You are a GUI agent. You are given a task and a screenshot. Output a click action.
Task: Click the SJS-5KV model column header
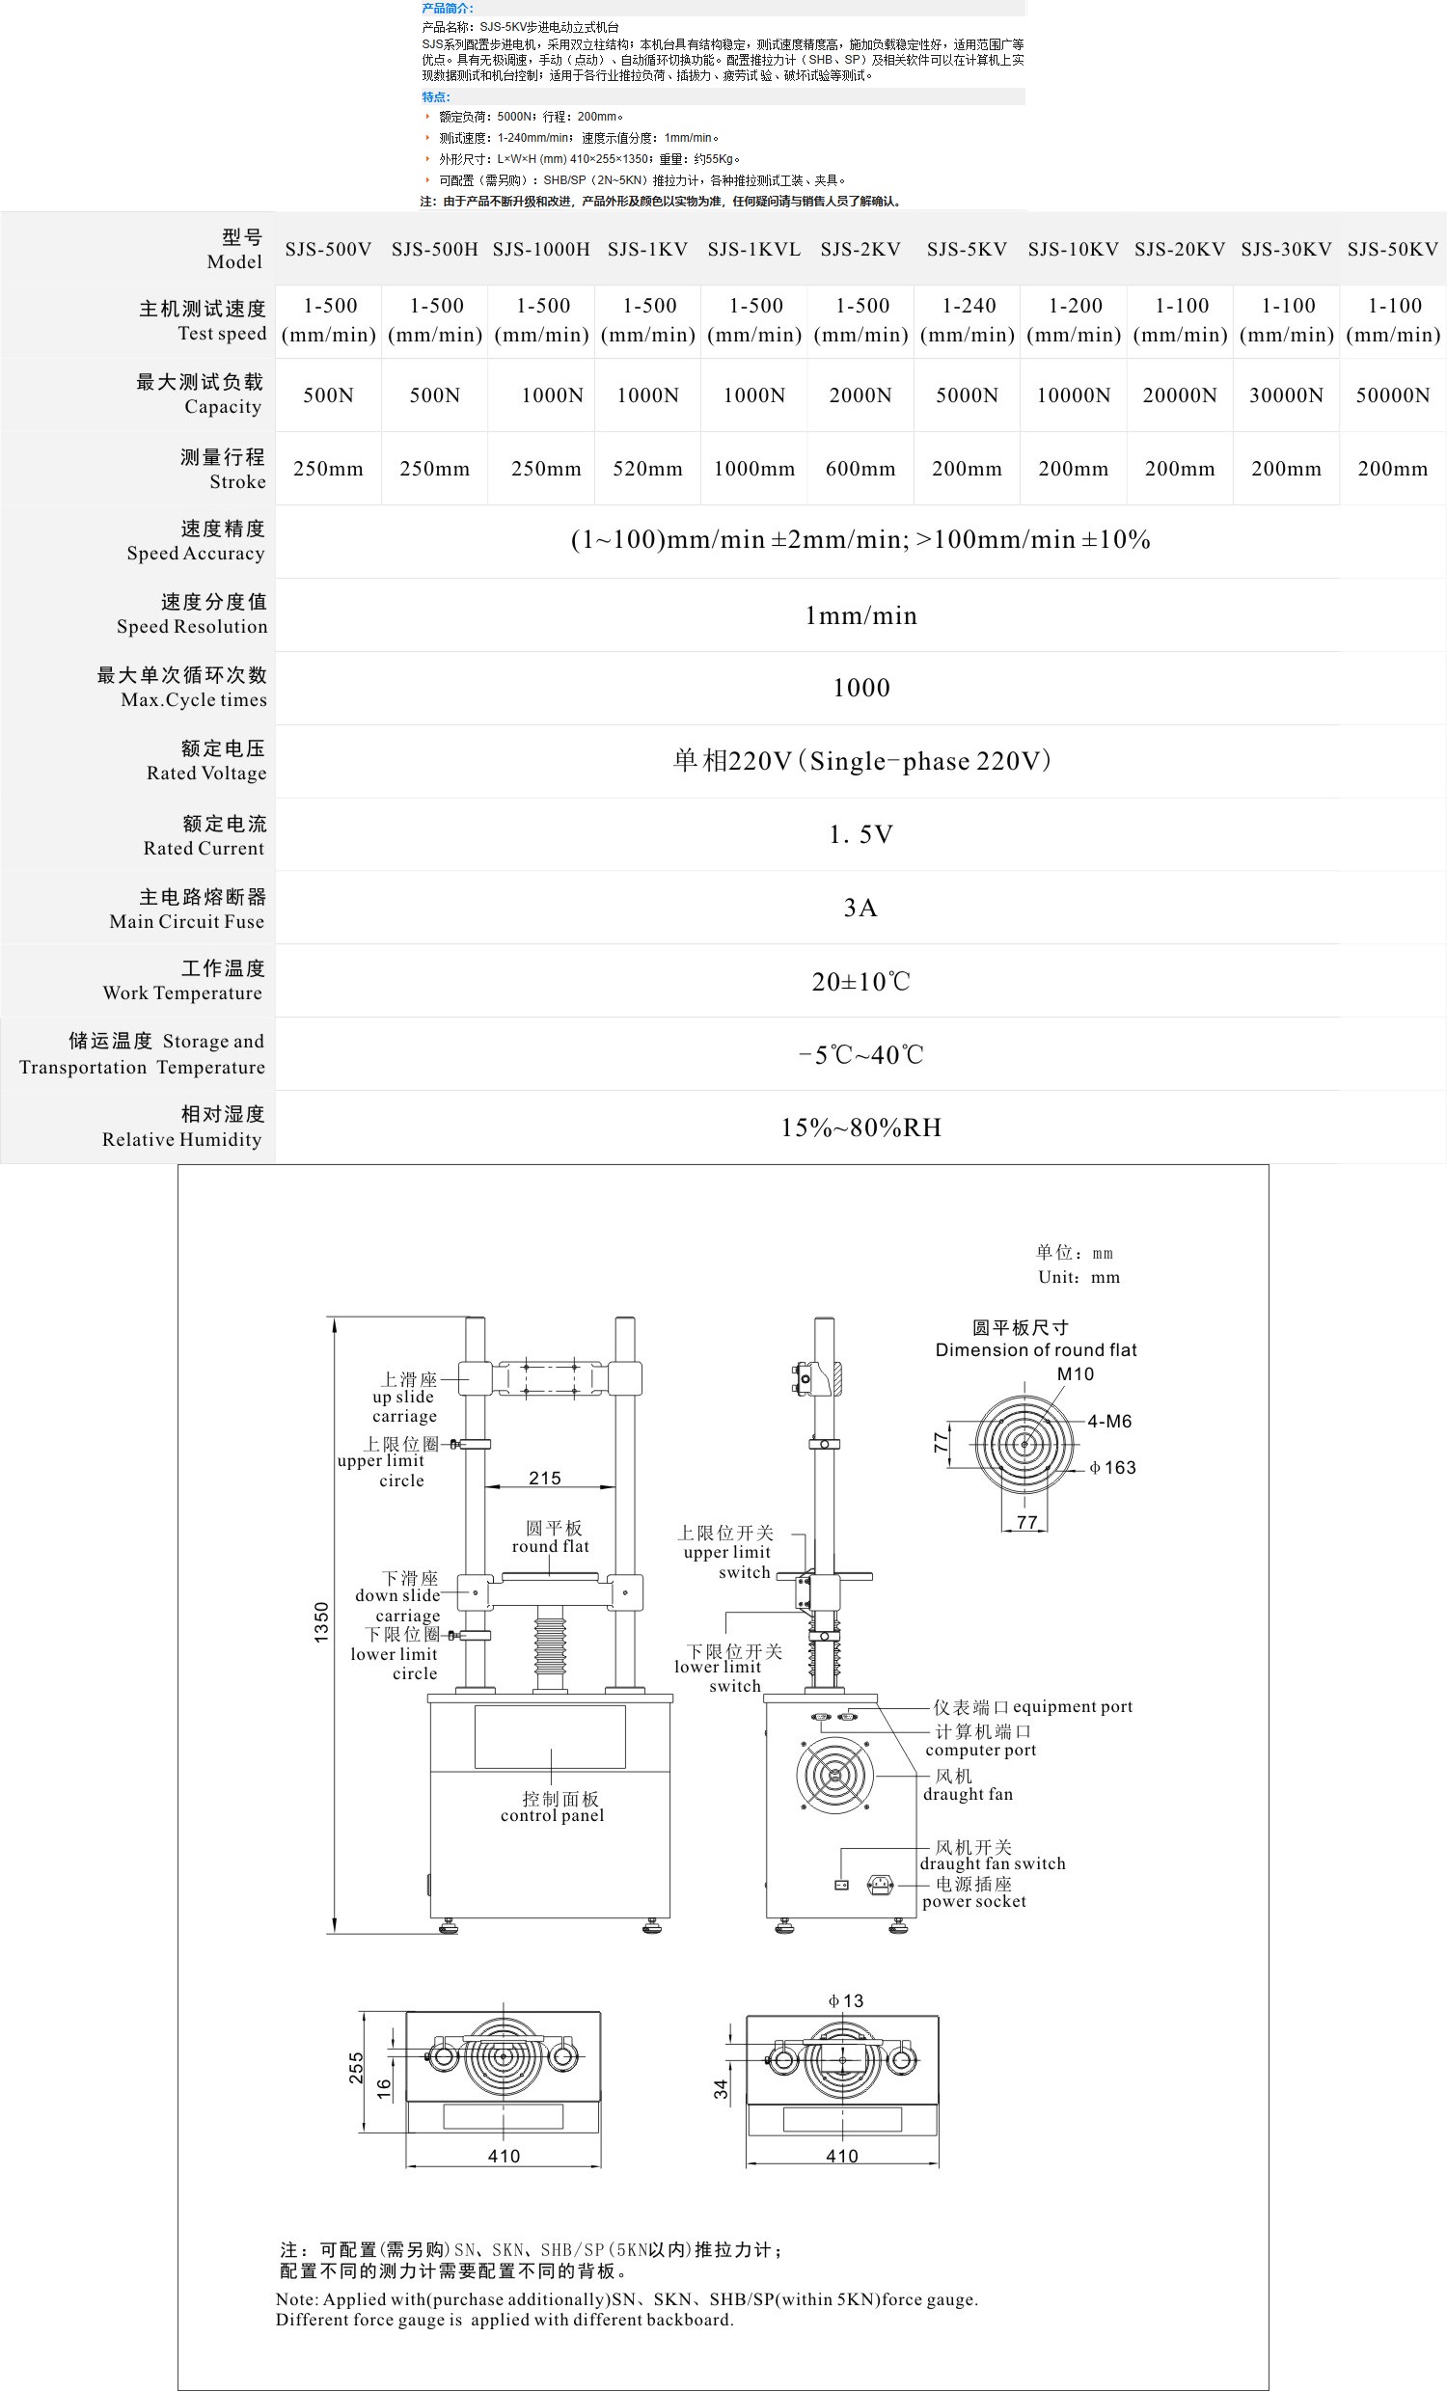tap(967, 250)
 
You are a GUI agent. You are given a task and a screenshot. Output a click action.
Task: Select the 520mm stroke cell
tap(647, 470)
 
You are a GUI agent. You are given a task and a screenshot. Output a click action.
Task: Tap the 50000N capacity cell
tap(1393, 395)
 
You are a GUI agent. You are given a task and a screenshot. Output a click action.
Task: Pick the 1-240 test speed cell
tap(968, 320)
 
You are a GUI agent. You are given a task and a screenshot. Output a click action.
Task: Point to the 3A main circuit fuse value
tap(860, 909)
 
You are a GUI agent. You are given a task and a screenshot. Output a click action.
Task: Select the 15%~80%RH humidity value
tap(860, 1128)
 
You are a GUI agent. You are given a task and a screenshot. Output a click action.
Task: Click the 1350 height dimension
tap(321, 1620)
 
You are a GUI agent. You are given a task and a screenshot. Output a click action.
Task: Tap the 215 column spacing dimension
tap(544, 1478)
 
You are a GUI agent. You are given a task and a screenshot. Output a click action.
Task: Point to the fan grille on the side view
tap(833, 1775)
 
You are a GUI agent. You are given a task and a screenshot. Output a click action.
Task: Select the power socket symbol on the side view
tap(879, 1885)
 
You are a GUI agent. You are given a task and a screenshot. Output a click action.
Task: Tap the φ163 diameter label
tap(1112, 1468)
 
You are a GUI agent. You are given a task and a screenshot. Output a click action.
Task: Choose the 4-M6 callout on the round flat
tap(1108, 1422)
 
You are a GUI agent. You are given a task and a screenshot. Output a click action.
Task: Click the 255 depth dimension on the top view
tap(356, 2068)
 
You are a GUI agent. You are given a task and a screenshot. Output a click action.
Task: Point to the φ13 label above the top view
tap(845, 2001)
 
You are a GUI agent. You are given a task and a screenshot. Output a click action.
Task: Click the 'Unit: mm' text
tap(1078, 1278)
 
